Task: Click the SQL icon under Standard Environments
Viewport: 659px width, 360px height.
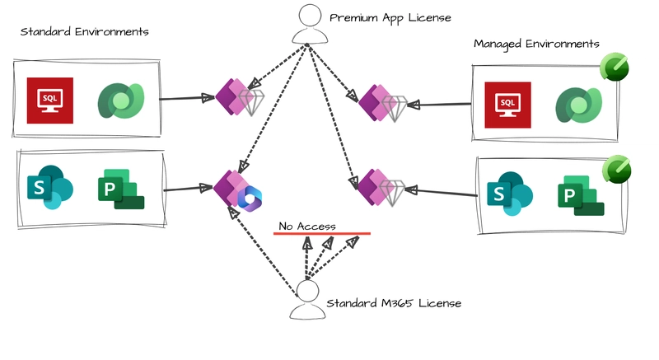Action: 50,101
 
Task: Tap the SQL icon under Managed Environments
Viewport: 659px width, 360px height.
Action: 507,105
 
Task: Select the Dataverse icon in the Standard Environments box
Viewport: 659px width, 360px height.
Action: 121,101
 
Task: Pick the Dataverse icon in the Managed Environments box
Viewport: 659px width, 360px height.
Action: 579,105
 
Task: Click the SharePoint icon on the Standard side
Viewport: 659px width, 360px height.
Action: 50,187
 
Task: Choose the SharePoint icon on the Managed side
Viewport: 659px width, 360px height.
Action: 510,194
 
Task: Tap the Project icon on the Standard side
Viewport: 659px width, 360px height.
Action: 121,189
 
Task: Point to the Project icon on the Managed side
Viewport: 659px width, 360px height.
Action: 581,195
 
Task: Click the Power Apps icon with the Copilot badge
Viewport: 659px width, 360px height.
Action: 237,190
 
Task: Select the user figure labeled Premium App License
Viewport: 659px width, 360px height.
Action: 311,24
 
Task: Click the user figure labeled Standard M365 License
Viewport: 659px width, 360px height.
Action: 307,300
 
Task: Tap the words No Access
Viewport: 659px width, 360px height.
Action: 307,227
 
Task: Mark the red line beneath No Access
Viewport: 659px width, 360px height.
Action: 322,234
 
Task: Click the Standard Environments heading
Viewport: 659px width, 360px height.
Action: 85,31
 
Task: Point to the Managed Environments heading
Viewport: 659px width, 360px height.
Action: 536,44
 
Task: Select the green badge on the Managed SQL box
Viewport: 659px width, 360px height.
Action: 614,67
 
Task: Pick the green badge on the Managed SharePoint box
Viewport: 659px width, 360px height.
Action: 616,169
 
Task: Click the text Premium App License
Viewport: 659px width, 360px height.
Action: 390,18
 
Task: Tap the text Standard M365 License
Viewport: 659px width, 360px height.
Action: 394,303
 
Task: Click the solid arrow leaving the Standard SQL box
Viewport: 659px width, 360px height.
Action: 187,98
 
